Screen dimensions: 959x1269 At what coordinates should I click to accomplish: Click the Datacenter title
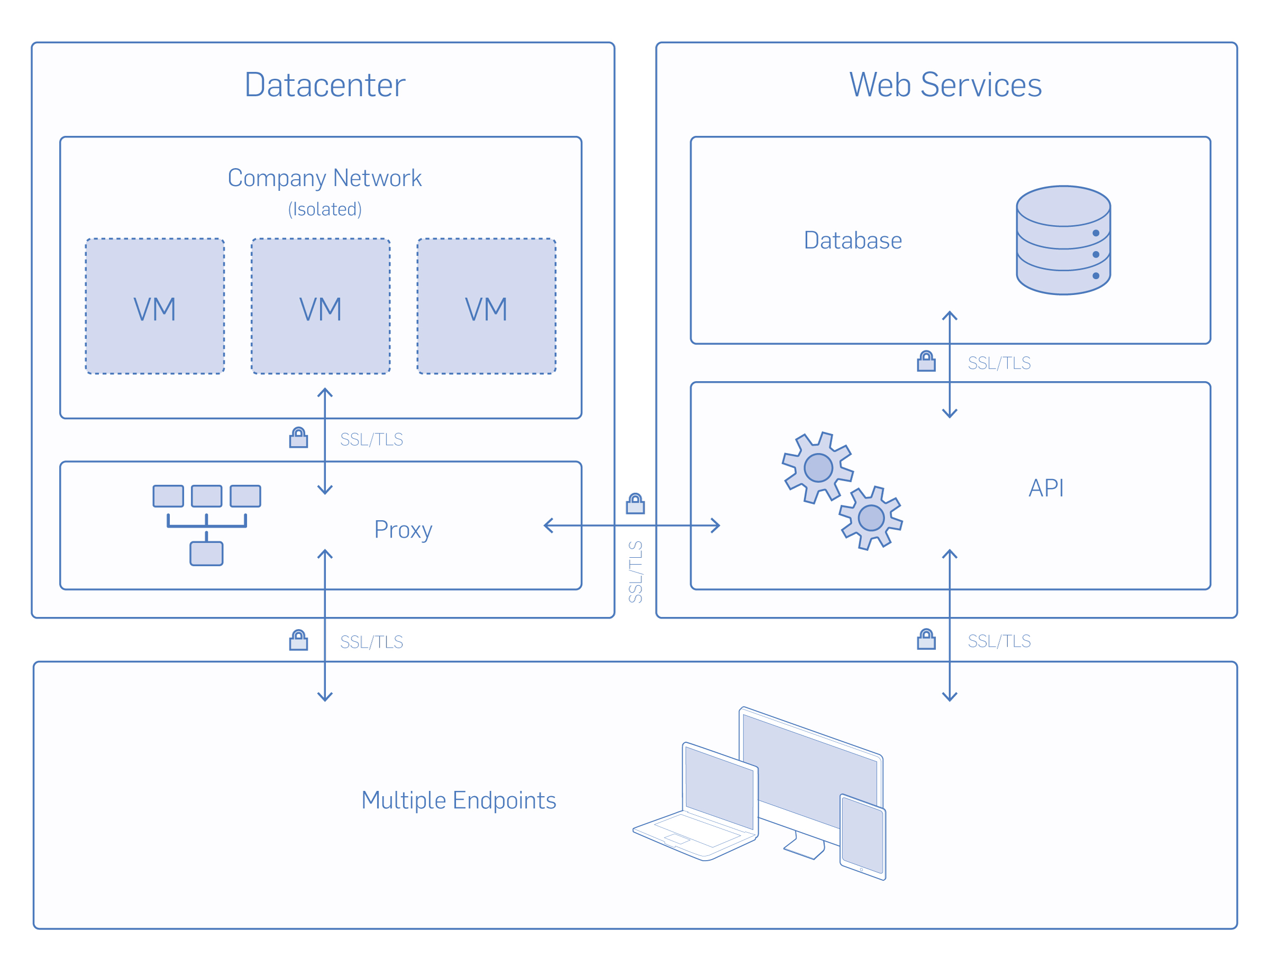(x=325, y=85)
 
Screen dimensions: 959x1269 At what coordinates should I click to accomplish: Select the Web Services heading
(x=945, y=85)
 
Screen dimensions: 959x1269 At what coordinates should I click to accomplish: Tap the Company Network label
(x=325, y=178)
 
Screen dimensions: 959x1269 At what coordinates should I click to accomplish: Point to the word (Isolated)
(x=325, y=209)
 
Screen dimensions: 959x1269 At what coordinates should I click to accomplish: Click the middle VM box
(x=321, y=306)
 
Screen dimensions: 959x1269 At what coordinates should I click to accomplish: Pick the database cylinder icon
(x=1063, y=241)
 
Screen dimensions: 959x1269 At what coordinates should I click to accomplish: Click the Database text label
(x=852, y=241)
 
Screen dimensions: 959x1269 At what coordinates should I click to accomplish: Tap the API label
(x=1046, y=488)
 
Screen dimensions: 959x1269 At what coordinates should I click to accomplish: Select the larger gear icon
(x=818, y=467)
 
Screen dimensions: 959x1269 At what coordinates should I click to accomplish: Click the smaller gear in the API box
(x=871, y=518)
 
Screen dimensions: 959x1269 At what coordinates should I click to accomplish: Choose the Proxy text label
(x=403, y=529)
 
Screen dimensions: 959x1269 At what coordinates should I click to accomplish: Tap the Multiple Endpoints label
(x=458, y=800)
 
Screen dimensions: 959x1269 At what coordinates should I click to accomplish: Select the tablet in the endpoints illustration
(x=863, y=837)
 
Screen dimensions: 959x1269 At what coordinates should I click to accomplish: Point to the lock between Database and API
(x=926, y=362)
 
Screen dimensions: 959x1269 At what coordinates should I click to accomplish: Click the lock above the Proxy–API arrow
(x=635, y=504)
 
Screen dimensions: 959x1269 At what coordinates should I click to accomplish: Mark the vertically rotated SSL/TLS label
(x=635, y=572)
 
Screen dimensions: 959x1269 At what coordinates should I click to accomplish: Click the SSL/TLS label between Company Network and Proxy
(x=371, y=439)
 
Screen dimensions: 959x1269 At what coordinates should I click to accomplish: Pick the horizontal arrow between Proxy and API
(x=631, y=525)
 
